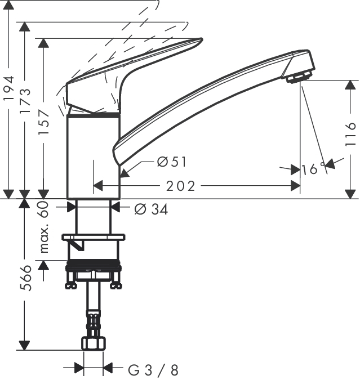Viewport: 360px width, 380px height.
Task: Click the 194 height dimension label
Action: pyautogui.click(x=8, y=88)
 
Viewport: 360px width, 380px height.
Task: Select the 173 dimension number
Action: pyautogui.click(x=25, y=101)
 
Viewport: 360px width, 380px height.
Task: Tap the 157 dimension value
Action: pyautogui.click(x=44, y=123)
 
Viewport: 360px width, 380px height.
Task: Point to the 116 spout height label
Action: pyautogui.click(x=350, y=134)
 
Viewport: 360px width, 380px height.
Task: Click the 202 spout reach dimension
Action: pyautogui.click(x=180, y=186)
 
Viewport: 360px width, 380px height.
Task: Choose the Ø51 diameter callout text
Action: pyautogui.click(x=172, y=162)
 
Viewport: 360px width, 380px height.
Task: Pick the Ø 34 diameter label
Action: pyautogui.click(x=151, y=209)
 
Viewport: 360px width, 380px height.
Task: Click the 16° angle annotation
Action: pyautogui.click(x=313, y=169)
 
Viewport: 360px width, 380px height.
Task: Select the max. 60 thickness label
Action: pyautogui.click(x=44, y=227)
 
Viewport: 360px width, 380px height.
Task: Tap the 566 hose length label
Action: pyautogui.click(x=25, y=278)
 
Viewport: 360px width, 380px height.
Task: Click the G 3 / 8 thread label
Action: pyautogui.click(x=153, y=370)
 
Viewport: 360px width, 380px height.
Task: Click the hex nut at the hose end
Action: pyautogui.click(x=94, y=343)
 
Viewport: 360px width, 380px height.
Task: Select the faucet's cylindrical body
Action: pyautogui.click(x=94, y=157)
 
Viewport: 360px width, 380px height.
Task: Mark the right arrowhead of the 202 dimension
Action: pyautogui.click(x=295, y=186)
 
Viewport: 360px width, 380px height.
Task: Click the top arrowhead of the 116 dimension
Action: pyautogui.click(x=350, y=86)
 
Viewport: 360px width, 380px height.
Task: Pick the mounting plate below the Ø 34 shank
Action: pyautogui.click(x=94, y=237)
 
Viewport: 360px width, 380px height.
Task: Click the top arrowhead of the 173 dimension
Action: pyautogui.click(x=25, y=27)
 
